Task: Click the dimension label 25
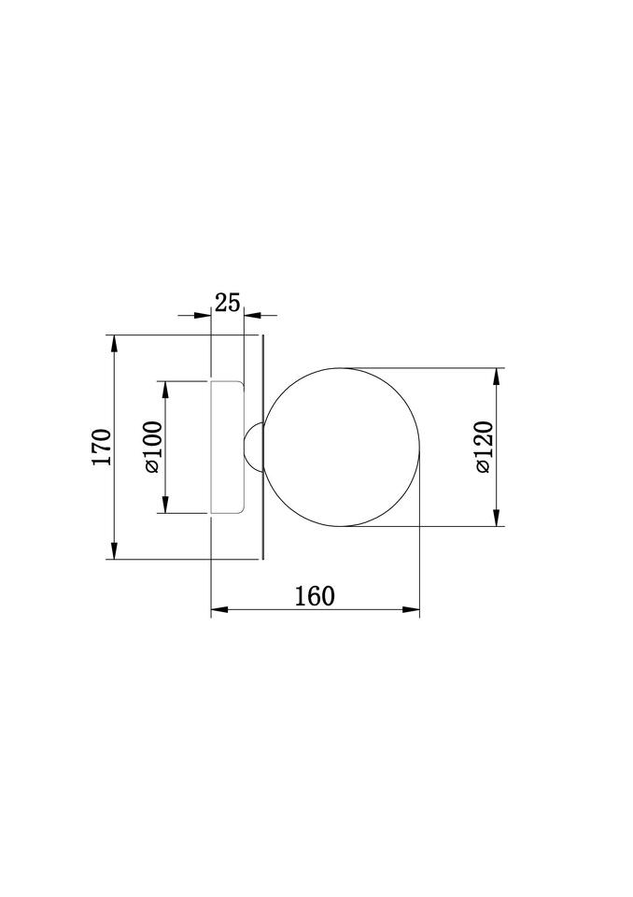click(x=227, y=302)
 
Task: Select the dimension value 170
click(x=102, y=447)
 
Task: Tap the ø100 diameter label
click(x=153, y=448)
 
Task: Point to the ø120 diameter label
click(x=484, y=447)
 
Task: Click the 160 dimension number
click(x=315, y=596)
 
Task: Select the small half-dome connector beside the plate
click(x=253, y=447)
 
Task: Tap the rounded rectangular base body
click(x=228, y=447)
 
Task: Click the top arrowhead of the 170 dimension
click(x=114, y=344)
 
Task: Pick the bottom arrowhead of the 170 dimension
click(x=114, y=549)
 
